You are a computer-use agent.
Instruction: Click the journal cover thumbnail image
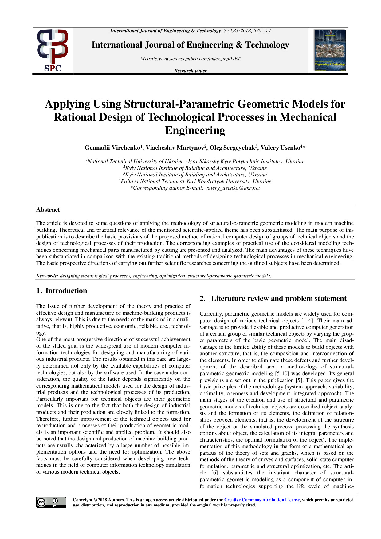coord(330,50)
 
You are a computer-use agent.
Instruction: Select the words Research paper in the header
coord(190,71)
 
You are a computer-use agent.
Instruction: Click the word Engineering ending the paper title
coord(195,131)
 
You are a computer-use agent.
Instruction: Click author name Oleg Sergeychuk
coord(232,148)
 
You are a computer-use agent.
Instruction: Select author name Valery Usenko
coord(280,148)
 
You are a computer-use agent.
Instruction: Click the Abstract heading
coord(48,210)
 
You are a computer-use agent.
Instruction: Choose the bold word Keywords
coord(47,276)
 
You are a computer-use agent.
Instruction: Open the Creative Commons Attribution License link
coord(262,500)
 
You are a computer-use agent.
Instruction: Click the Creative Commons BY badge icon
coord(51,502)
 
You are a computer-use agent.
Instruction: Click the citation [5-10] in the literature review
coord(278,374)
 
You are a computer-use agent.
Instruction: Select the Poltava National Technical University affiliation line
coord(195,181)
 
